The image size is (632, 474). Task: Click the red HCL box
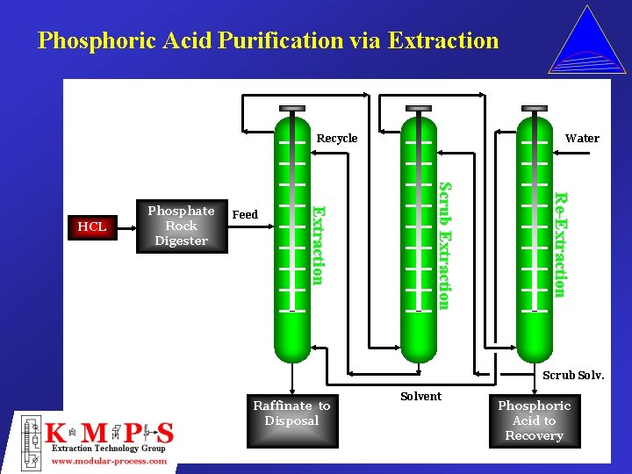pyautogui.click(x=91, y=226)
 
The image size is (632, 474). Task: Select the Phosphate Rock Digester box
pyautogui.click(x=182, y=226)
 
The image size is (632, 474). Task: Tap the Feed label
pyautogui.click(x=245, y=214)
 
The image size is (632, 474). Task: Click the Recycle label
pyautogui.click(x=337, y=138)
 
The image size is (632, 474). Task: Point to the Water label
pyautogui.click(x=582, y=138)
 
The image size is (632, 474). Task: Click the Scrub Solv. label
pyautogui.click(x=573, y=375)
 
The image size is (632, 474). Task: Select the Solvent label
pyautogui.click(x=420, y=396)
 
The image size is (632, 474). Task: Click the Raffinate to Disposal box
pyautogui.click(x=291, y=413)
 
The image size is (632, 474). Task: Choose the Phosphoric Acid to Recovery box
pyautogui.click(x=534, y=420)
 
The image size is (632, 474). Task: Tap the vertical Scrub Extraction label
pyautogui.click(x=444, y=246)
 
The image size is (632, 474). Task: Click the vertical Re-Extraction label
pyautogui.click(x=560, y=244)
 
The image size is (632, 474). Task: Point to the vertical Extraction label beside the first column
pyautogui.click(x=319, y=244)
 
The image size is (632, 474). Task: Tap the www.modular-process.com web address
pyautogui.click(x=110, y=461)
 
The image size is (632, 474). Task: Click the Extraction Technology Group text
pyautogui.click(x=108, y=449)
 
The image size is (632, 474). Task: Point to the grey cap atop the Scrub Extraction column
pyautogui.click(x=419, y=108)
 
